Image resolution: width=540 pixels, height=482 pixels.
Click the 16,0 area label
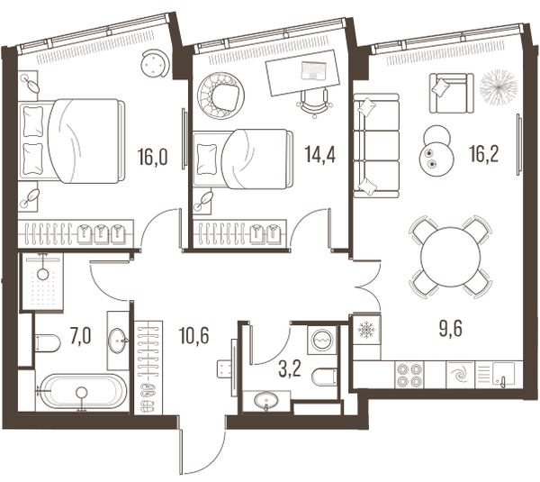153,157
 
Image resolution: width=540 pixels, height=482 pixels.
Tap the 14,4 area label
319,154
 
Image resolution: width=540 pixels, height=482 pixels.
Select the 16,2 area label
484,154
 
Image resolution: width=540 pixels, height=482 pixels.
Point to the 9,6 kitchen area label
451,329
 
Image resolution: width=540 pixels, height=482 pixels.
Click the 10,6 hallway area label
194,335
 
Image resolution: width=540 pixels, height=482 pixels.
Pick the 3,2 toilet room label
290,369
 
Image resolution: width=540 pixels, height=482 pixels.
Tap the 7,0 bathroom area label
80,337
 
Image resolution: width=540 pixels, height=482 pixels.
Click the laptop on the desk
313,70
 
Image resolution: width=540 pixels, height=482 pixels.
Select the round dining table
450,257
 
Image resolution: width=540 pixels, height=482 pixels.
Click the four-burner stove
409,375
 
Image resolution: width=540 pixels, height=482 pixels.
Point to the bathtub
81,391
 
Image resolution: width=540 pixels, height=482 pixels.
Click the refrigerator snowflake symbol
366,330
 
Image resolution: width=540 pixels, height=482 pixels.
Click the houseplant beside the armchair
499,87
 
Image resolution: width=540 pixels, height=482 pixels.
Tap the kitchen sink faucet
501,381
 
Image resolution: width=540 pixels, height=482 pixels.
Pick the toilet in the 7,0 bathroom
48,342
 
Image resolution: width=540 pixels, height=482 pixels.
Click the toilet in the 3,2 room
324,377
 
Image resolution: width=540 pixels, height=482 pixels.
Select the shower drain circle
43,275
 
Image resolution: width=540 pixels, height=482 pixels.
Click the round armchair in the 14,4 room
220,95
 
